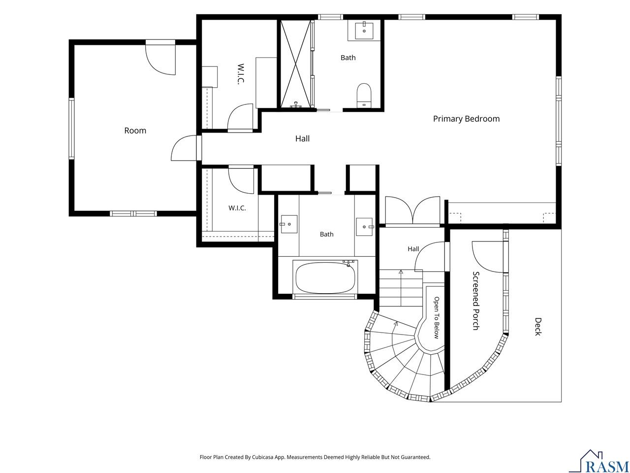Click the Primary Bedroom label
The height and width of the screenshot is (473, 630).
click(466, 119)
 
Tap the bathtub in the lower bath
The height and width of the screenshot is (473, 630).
click(325, 277)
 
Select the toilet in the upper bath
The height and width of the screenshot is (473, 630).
click(364, 96)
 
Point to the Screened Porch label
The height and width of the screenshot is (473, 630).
click(476, 301)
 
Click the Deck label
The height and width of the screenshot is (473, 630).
click(538, 327)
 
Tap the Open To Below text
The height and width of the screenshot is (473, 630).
click(436, 318)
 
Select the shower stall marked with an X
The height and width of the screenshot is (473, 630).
click(296, 64)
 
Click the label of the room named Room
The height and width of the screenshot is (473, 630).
click(135, 131)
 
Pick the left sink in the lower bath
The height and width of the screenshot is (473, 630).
click(289, 224)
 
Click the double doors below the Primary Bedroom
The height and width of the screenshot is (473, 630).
click(412, 210)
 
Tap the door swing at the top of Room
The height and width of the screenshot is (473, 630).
click(160, 59)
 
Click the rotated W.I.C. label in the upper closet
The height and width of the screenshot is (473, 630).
click(241, 74)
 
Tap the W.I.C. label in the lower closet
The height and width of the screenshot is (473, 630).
click(237, 208)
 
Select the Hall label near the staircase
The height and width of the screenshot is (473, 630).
click(413, 249)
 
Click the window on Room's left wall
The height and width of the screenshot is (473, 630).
click(71, 129)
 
